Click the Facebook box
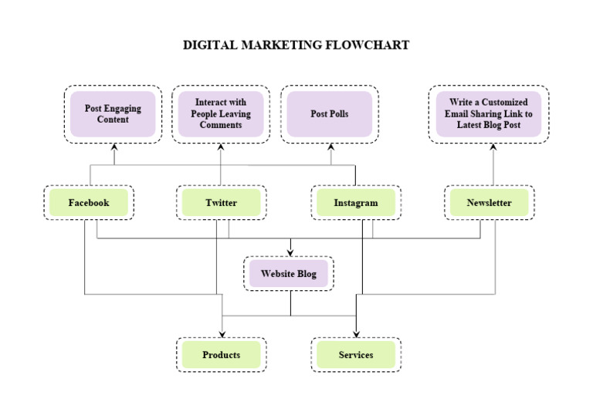pyautogui.click(x=89, y=203)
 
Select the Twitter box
pyautogui.click(x=221, y=203)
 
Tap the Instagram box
pyautogui.click(x=356, y=203)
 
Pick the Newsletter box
pyautogui.click(x=489, y=203)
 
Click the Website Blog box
pyautogui.click(x=289, y=273)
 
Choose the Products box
pyautogui.click(x=221, y=355)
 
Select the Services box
pyautogui.click(x=356, y=355)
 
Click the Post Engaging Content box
pyautogui.click(x=113, y=114)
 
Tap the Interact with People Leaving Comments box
pyautogui.click(x=221, y=114)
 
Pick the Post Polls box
pyautogui.click(x=330, y=114)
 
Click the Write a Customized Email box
pyautogui.click(x=489, y=114)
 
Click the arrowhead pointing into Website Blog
pyautogui.click(x=290, y=252)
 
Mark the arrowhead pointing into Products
pyautogui.click(x=222, y=333)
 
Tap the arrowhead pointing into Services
pyautogui.click(x=356, y=333)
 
